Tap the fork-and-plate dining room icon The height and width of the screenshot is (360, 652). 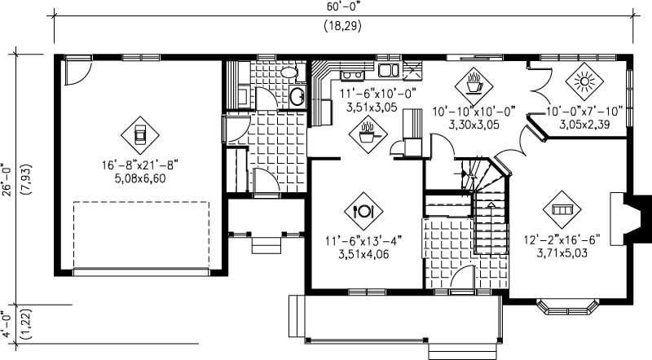click(363, 210)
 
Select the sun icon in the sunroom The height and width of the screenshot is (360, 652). click(583, 81)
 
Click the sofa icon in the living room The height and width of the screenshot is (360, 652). click(560, 209)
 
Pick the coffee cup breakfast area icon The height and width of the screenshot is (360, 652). click(474, 81)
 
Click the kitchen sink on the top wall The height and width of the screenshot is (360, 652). click(385, 69)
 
